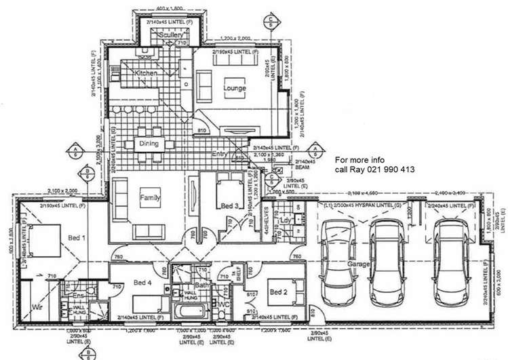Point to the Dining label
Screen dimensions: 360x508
[149, 144]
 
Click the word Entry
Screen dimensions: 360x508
[219, 154]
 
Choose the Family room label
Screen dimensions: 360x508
[150, 197]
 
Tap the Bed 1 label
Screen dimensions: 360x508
[77, 238]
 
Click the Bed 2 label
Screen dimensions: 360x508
[279, 292]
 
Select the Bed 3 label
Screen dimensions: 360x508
[229, 205]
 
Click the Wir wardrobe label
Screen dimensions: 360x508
[37, 307]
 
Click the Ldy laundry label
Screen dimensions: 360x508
[286, 220]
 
